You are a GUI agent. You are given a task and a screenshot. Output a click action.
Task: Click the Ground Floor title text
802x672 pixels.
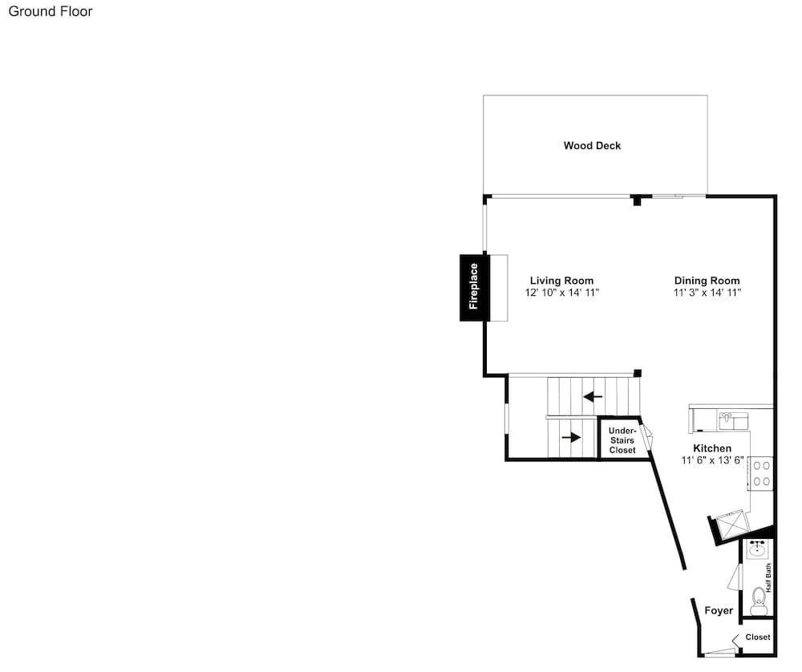tap(50, 12)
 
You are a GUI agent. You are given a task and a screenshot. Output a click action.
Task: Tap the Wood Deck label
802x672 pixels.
tap(592, 146)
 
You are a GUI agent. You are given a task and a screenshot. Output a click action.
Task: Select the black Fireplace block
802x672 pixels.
tap(475, 287)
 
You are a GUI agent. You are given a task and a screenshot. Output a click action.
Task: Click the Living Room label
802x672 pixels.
tap(561, 280)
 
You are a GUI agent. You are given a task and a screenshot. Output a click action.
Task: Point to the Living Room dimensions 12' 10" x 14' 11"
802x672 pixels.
tap(561, 293)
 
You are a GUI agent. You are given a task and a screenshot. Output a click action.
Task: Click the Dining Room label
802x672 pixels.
tap(707, 280)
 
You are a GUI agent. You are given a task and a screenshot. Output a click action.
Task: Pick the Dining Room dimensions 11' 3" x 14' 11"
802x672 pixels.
tap(707, 293)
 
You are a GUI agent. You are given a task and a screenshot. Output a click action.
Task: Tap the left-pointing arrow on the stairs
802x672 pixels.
tap(593, 396)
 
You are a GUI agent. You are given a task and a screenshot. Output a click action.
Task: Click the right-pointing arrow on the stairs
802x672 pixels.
tap(571, 437)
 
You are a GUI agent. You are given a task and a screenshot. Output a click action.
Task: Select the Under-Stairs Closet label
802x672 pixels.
tap(622, 440)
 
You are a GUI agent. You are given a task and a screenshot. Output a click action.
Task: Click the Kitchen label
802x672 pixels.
tap(712, 448)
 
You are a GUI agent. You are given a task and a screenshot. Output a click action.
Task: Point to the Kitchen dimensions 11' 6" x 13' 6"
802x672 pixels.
tap(712, 460)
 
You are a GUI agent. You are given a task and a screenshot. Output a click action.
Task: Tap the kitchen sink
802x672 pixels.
tap(734, 420)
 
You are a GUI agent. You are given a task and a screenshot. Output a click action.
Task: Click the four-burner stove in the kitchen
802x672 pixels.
tap(761, 474)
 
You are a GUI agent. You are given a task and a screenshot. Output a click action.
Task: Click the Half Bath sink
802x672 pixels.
tap(758, 550)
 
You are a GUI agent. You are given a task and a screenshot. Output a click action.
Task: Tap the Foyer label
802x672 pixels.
tap(719, 610)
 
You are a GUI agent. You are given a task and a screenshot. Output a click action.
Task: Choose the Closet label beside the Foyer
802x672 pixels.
tap(758, 638)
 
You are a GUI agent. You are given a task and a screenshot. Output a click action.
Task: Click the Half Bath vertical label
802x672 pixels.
tap(768, 578)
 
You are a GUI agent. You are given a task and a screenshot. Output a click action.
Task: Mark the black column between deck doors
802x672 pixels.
tap(638, 200)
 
